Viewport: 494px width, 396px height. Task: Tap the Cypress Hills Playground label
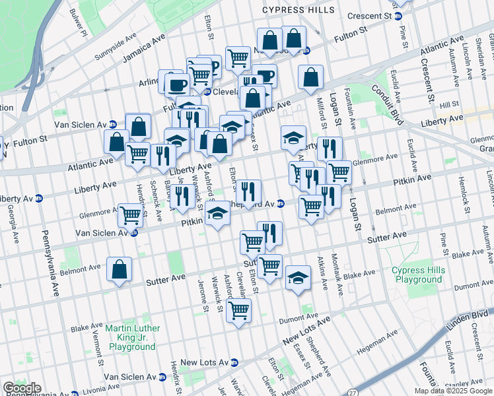coord(417,275)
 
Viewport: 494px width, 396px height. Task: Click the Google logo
coord(22,388)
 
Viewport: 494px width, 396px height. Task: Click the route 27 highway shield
coord(353,392)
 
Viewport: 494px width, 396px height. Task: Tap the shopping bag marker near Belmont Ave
coord(119,269)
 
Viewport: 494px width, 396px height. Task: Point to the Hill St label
coord(449,104)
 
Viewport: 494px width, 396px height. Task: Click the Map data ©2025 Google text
coord(452,391)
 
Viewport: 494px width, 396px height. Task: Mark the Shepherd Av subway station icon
coord(281,203)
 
